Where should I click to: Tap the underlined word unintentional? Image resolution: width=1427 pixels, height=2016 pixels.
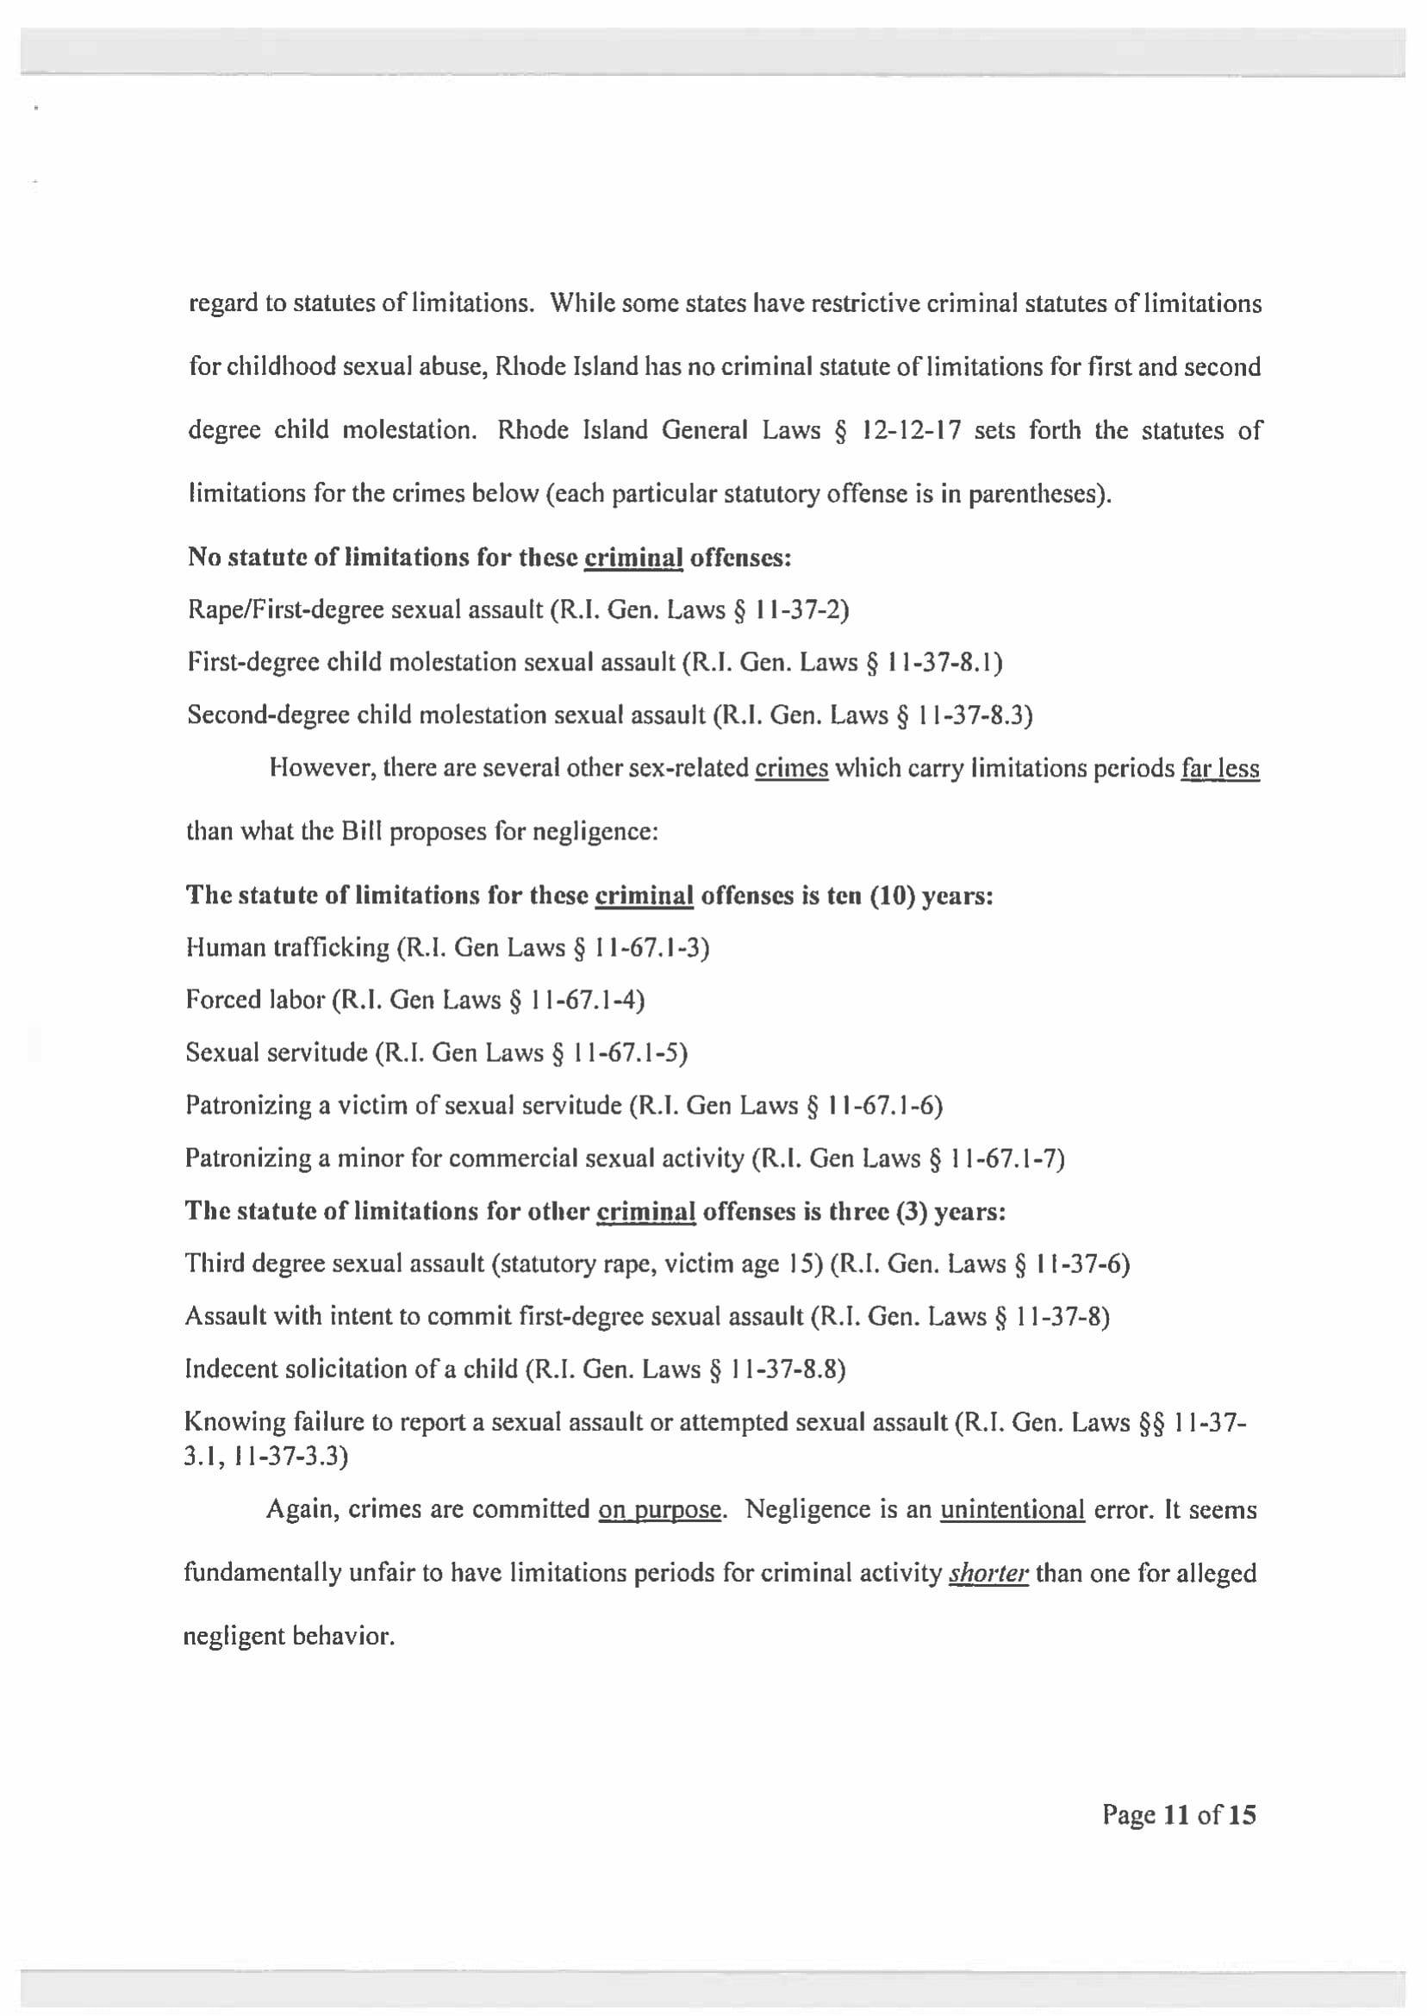(x=1013, y=1510)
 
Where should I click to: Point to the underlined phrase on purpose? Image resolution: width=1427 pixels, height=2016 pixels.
(x=660, y=1510)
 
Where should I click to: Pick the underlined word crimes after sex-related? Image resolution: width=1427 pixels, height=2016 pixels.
(x=792, y=769)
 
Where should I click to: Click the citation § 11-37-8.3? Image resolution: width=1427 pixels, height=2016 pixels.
(x=964, y=715)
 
